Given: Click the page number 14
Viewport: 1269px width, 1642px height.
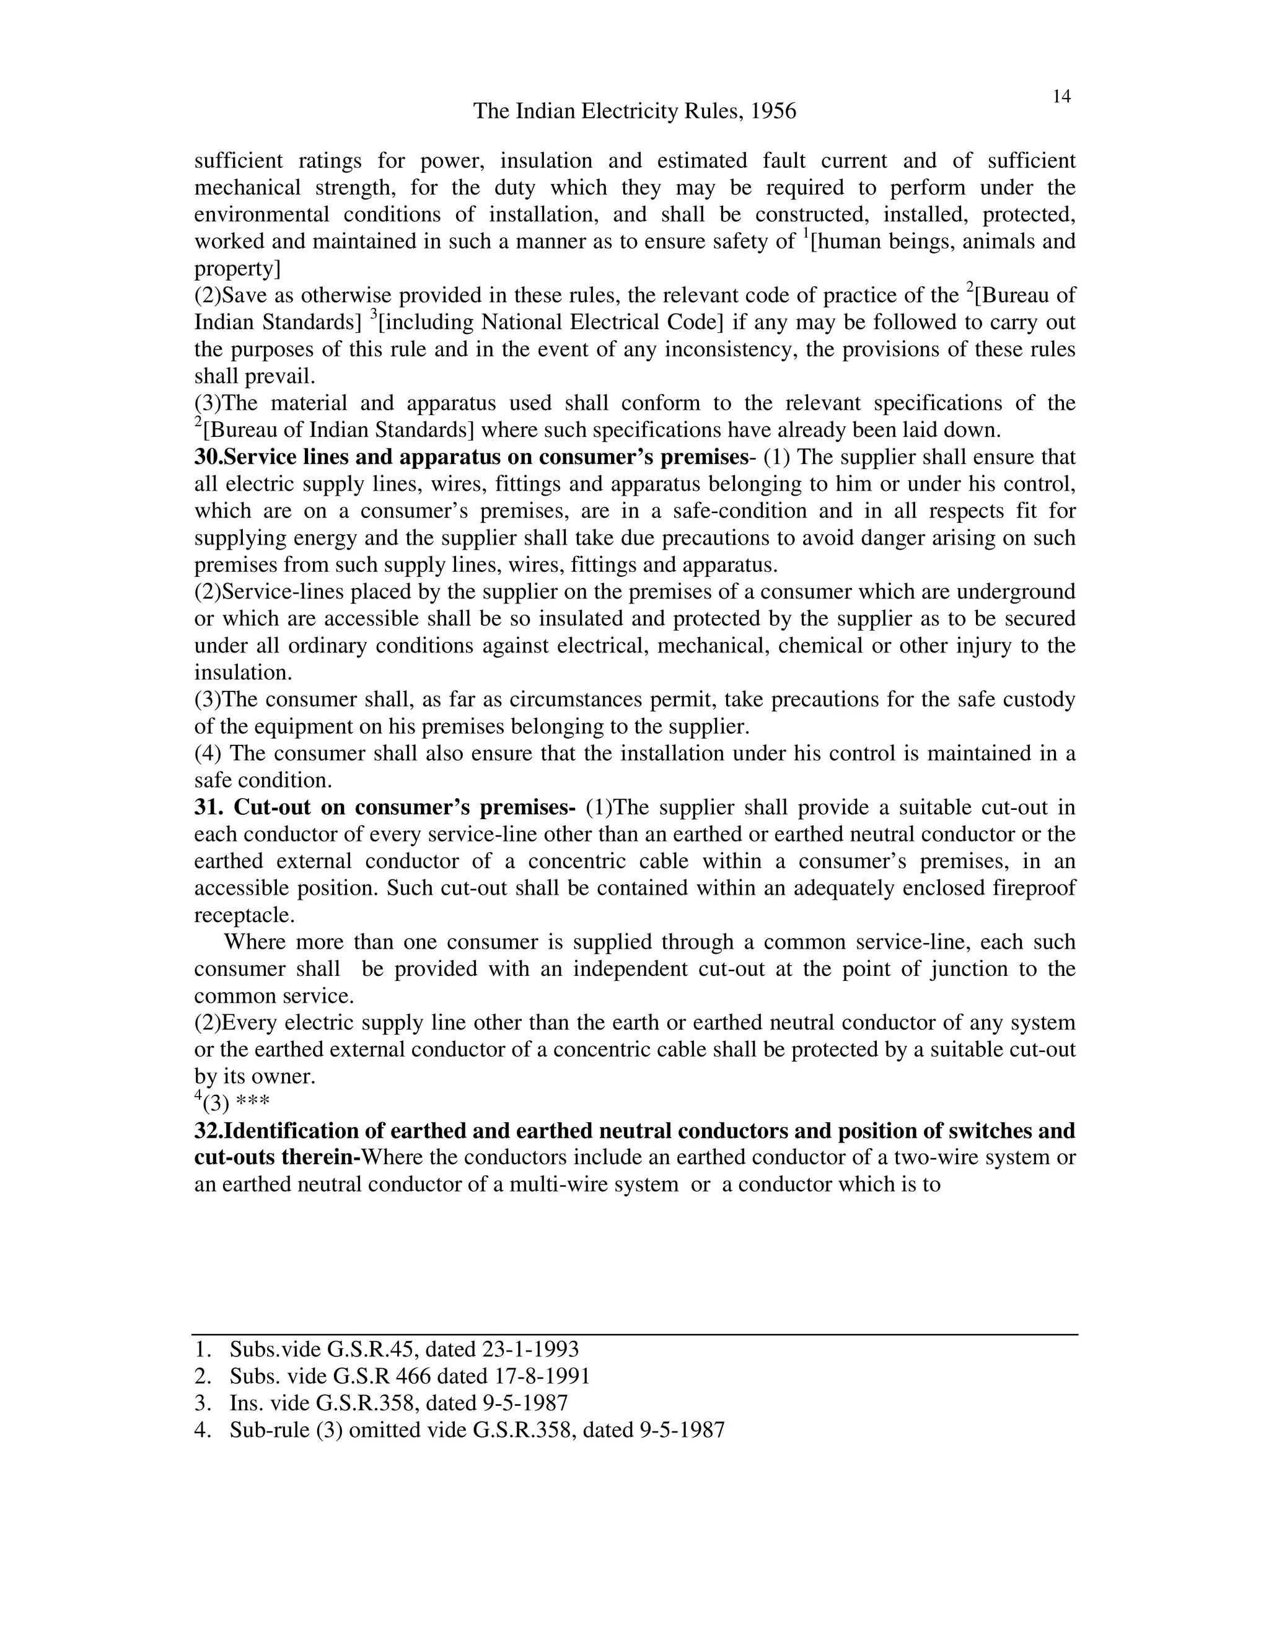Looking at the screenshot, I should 1061,96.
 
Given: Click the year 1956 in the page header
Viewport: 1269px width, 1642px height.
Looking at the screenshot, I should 773,112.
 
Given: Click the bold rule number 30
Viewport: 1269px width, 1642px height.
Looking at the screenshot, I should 208,457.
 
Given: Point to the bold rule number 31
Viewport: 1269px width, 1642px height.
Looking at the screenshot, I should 208,807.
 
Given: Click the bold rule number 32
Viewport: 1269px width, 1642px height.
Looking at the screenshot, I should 208,1131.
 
